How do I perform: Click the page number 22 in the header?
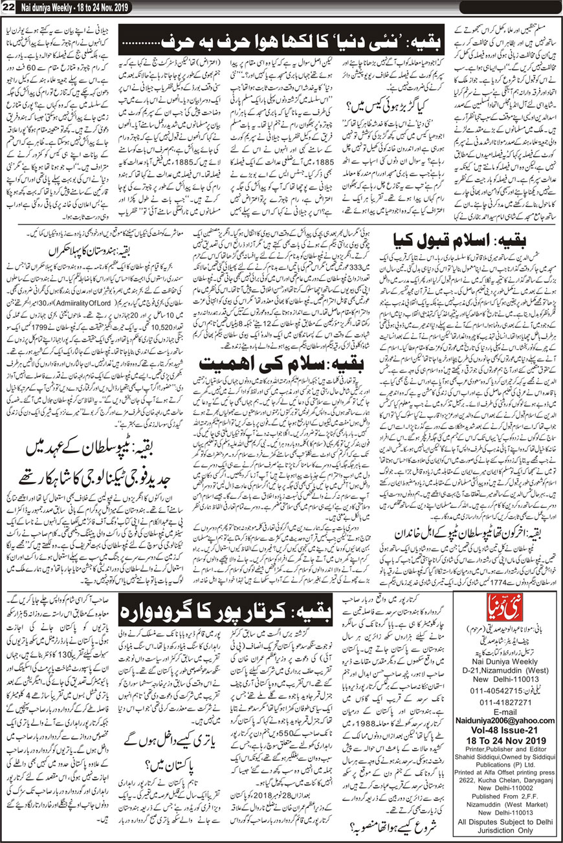pyautogui.click(x=8, y=6)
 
